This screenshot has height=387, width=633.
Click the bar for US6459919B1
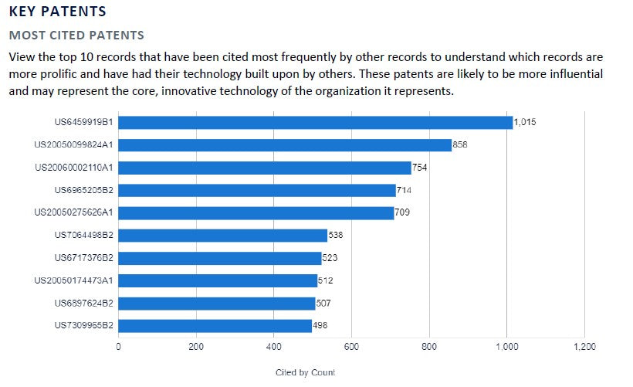click(x=315, y=123)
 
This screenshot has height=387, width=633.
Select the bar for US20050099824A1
click(x=284, y=145)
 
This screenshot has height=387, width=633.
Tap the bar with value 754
click(x=264, y=168)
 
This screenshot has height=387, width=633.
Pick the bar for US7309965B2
click(x=215, y=326)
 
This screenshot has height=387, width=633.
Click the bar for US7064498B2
click(x=222, y=236)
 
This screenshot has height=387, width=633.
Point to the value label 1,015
click(x=525, y=123)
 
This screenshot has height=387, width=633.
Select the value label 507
click(x=323, y=304)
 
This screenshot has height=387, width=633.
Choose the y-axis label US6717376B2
click(x=84, y=258)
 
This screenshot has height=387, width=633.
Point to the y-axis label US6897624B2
click(x=84, y=304)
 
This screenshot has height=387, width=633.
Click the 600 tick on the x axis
click(x=351, y=347)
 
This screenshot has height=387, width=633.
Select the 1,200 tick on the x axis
click(x=584, y=347)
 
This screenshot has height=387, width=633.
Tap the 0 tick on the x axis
click(x=118, y=347)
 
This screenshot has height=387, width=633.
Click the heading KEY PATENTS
click(x=58, y=12)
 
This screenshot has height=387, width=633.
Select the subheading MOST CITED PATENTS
click(x=76, y=36)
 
